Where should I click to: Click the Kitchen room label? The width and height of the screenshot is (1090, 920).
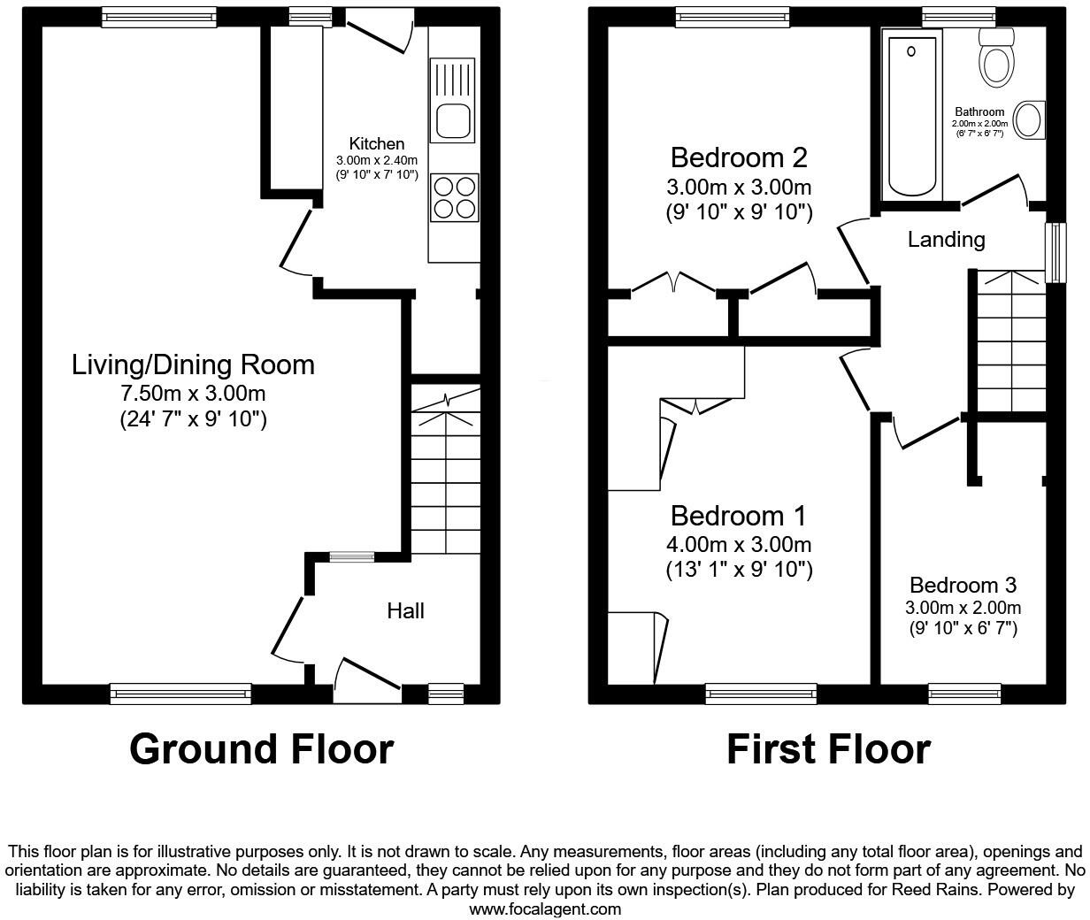[x=376, y=143]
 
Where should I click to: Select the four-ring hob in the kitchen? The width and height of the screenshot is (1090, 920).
[x=454, y=197]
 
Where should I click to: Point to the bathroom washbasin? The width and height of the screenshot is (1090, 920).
[x=1028, y=120]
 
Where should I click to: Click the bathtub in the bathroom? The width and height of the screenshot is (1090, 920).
[x=911, y=111]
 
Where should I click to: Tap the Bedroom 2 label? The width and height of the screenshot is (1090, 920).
[x=739, y=157]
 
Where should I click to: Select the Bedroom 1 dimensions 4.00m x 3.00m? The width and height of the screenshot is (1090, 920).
[x=739, y=545]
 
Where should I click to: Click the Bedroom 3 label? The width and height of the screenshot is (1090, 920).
[x=963, y=585]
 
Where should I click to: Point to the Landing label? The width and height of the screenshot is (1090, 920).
[x=946, y=239]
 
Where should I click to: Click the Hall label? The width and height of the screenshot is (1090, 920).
[x=405, y=610]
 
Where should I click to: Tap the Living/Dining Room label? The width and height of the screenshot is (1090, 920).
[x=193, y=364]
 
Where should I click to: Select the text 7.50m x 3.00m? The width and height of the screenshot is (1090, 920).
[x=193, y=393]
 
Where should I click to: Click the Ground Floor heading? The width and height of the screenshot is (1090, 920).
[x=261, y=749]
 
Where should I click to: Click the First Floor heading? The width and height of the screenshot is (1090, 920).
[x=828, y=749]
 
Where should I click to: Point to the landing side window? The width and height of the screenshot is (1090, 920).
[x=1055, y=252]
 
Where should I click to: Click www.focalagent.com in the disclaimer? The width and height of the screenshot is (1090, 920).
[x=545, y=908]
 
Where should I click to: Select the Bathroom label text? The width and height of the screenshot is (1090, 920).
[x=979, y=111]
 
